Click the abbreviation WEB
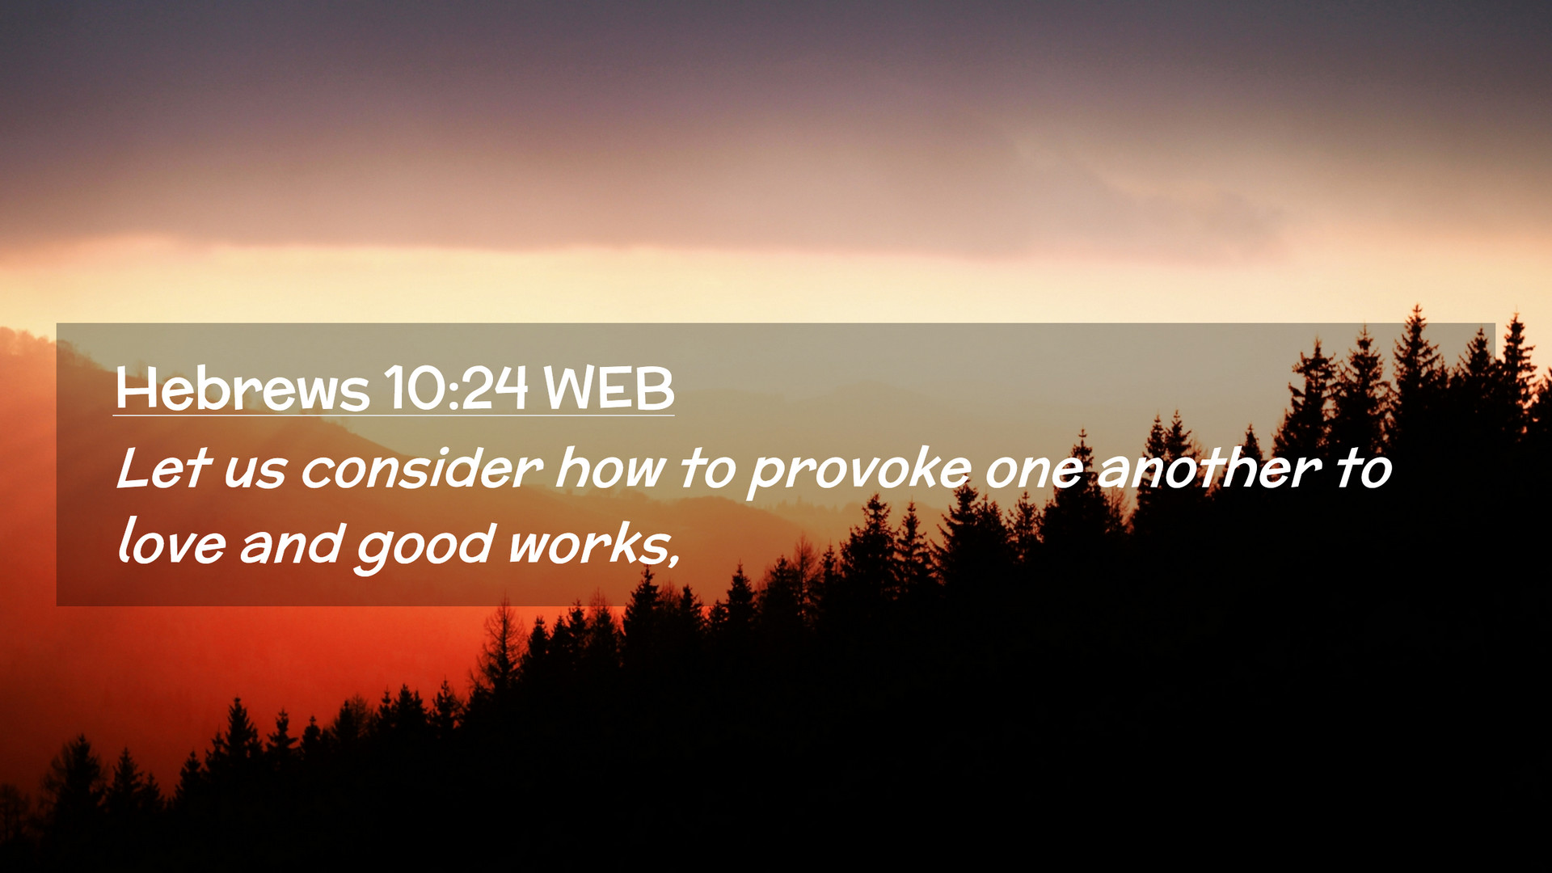tap(609, 389)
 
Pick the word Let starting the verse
tap(164, 468)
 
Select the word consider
tap(421, 468)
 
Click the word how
tap(611, 468)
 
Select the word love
tap(171, 541)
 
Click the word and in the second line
tap(291, 542)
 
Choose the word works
tap(587, 542)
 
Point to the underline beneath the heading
tap(394, 415)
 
